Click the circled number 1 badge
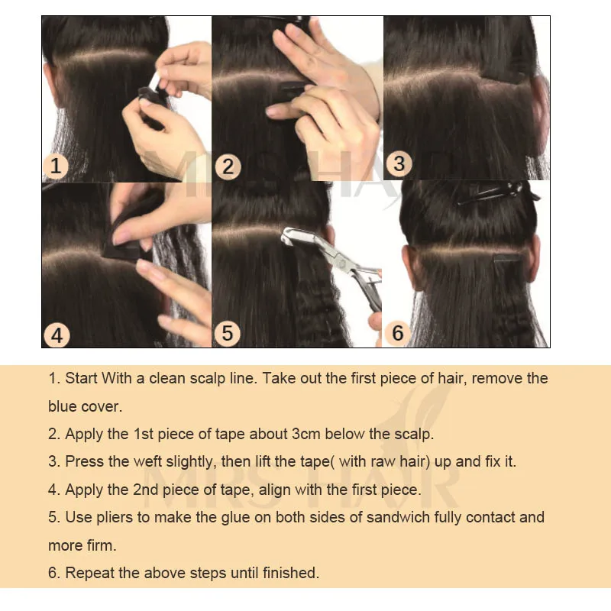(x=55, y=166)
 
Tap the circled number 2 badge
(x=228, y=166)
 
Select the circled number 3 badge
(x=399, y=163)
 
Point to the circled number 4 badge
(x=57, y=335)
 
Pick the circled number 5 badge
(x=228, y=334)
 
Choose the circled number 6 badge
(x=398, y=333)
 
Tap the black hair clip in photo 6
(x=498, y=193)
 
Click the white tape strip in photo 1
(x=155, y=83)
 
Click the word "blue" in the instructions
(x=63, y=406)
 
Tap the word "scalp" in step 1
(x=207, y=378)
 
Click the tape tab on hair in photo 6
(x=507, y=257)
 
